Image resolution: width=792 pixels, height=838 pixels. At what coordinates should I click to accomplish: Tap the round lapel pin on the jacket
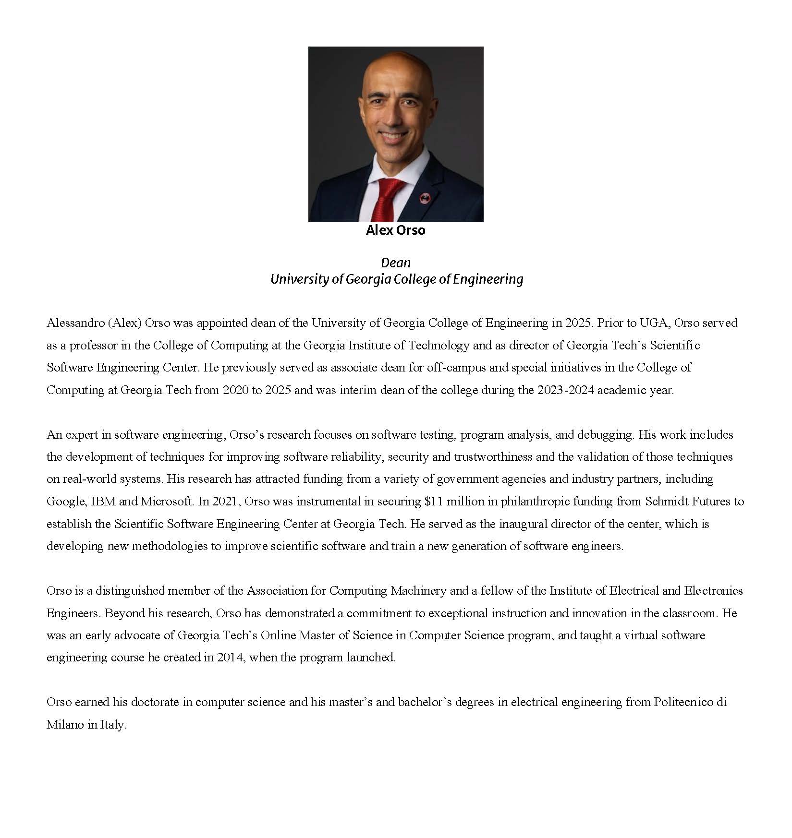click(425, 197)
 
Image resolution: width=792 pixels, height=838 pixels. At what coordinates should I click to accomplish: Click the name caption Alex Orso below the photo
click(395, 230)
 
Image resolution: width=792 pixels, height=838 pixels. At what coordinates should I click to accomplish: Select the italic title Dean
click(396, 263)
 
